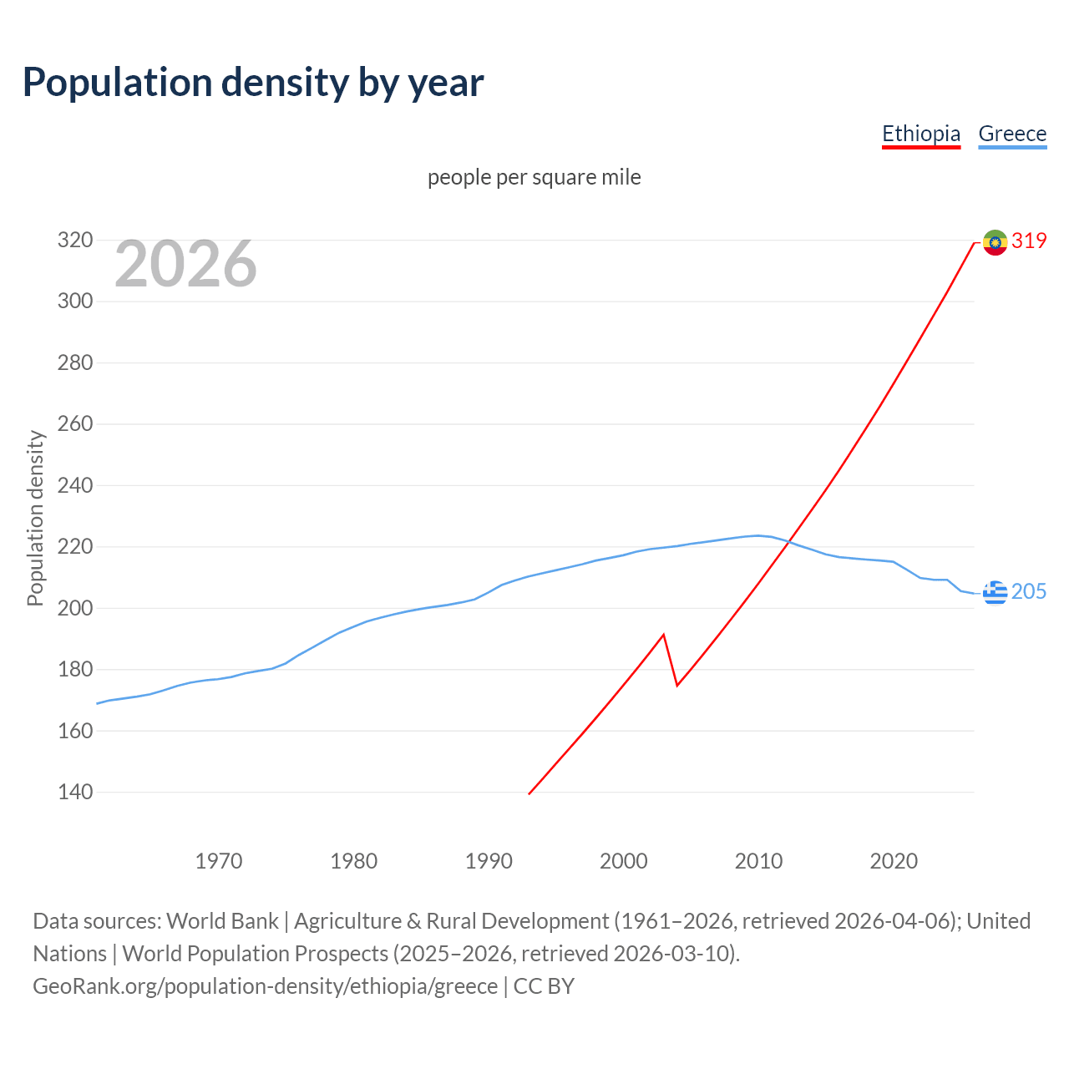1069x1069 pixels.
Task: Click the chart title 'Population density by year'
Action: click(253, 83)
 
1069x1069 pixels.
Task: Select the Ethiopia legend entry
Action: click(921, 134)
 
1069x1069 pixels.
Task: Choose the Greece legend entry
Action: click(1012, 134)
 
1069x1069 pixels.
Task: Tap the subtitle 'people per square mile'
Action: click(534, 177)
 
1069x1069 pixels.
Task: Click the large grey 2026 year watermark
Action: click(185, 264)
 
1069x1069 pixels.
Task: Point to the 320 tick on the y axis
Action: click(74, 241)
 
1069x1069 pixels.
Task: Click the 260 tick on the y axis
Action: click(74, 424)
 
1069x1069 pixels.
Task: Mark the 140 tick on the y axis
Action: click(74, 792)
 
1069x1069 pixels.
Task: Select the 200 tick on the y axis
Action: click(74, 608)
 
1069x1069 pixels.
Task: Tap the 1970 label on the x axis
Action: click(219, 860)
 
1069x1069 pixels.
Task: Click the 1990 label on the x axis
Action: click(489, 860)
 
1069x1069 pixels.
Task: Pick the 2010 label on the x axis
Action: click(758, 860)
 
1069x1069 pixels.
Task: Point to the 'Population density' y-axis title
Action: click(35, 518)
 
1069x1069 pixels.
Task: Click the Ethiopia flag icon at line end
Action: click(995, 242)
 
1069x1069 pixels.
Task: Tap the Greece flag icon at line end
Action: click(995, 592)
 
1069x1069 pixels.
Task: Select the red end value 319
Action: click(1029, 241)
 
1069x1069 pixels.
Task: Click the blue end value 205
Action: click(1029, 591)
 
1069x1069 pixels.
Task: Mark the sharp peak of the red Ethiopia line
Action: click(663, 635)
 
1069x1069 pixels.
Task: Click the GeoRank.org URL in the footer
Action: click(265, 985)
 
